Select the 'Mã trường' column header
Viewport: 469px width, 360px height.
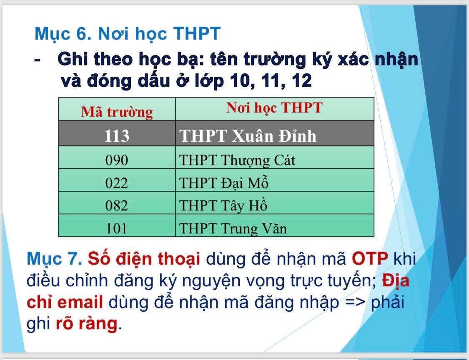pos(117,112)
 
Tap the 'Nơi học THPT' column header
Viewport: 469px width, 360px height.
pos(274,108)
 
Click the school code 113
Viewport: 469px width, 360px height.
pos(117,136)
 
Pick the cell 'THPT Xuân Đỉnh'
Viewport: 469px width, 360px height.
pos(248,136)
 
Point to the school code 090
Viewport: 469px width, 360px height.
pos(117,160)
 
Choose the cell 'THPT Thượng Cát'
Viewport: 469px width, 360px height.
pos(237,160)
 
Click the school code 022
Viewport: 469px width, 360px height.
pos(117,182)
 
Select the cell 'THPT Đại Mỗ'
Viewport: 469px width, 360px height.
pos(224,182)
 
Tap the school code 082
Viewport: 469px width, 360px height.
pos(117,205)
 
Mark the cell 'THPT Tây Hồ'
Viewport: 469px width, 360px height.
pos(223,205)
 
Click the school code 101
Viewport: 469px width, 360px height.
pos(117,228)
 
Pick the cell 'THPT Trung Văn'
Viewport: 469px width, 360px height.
pos(233,228)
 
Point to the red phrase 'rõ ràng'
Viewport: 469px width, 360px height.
pos(87,323)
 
